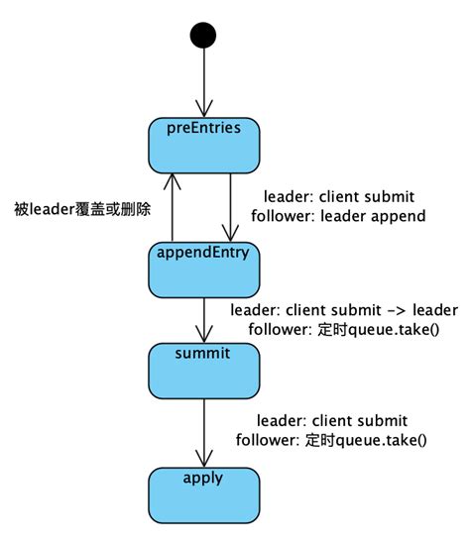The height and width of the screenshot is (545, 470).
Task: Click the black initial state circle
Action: tap(203, 36)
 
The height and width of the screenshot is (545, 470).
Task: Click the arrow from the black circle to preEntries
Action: tap(203, 84)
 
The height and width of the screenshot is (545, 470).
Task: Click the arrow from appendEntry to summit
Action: tap(203, 320)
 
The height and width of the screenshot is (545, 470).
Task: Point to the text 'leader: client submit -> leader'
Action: tap(352, 309)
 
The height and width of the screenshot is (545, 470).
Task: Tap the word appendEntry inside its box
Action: tap(202, 252)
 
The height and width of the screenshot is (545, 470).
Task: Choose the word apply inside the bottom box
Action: tap(202, 478)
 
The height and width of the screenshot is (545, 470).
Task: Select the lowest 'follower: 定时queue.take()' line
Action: tap(332, 440)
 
